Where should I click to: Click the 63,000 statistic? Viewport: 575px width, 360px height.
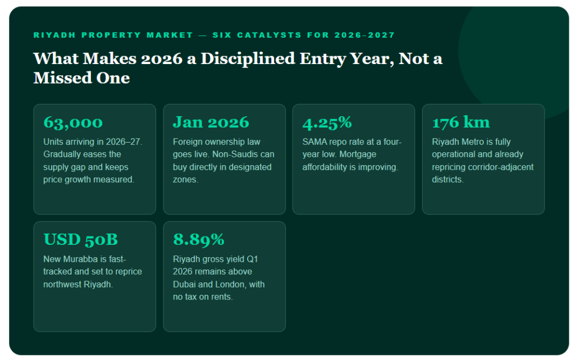[x=73, y=123]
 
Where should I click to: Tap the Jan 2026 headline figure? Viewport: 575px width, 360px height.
[x=211, y=122]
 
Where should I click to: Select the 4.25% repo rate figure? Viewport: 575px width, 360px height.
[x=327, y=123]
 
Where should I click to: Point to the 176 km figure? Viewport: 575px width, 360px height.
[x=460, y=122]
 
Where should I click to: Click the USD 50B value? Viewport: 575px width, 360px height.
[x=81, y=240]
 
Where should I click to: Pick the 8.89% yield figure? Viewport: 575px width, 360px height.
[x=199, y=240]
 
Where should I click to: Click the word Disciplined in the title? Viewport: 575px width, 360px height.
[x=248, y=59]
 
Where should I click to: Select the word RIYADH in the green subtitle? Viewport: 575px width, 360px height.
[x=54, y=35]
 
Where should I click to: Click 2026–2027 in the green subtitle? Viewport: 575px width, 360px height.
[x=364, y=35]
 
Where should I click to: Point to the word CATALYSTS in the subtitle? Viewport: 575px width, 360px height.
[x=269, y=35]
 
